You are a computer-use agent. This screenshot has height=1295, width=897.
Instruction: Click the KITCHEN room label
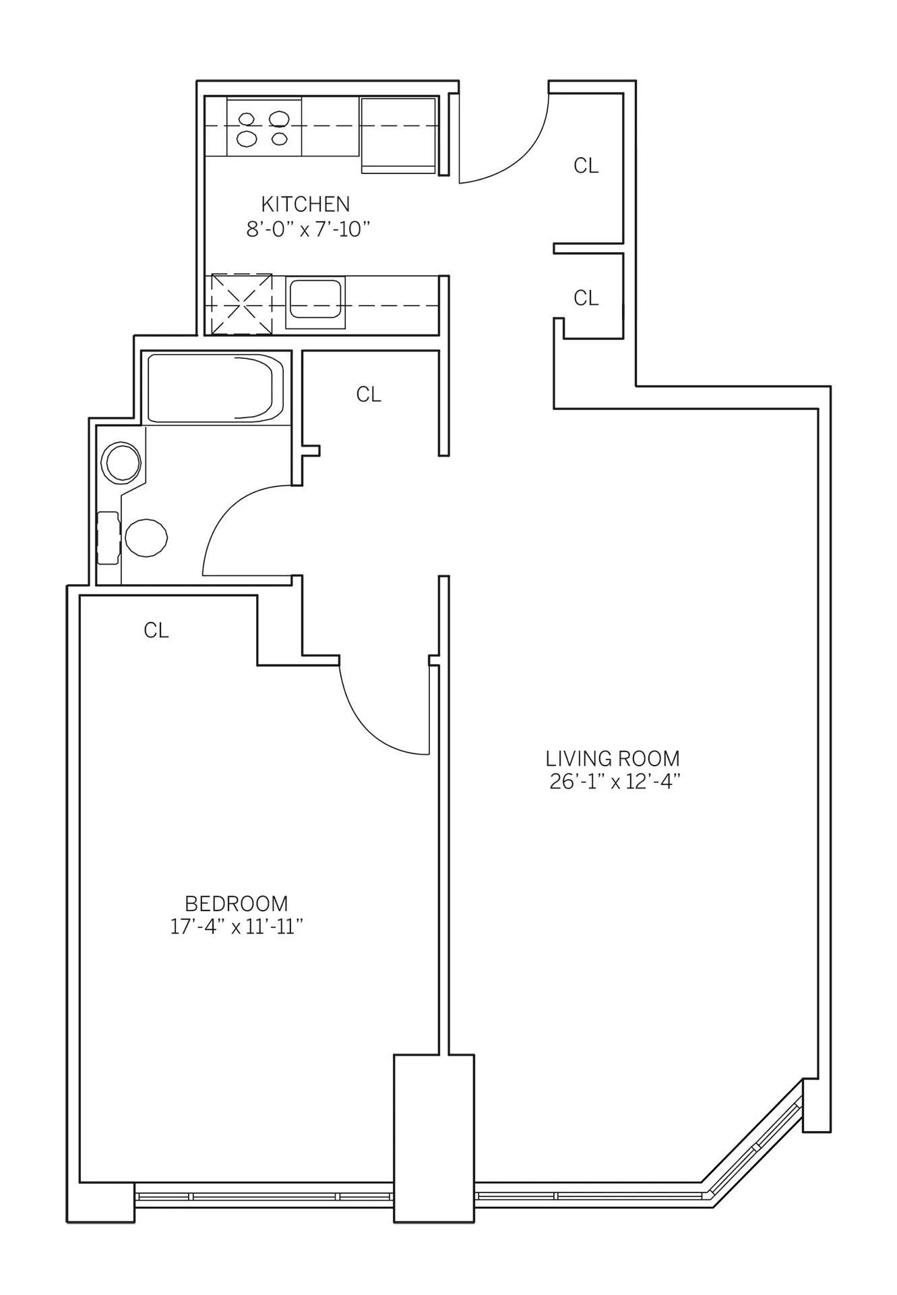(x=305, y=204)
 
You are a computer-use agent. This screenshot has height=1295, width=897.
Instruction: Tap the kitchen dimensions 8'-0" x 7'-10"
(x=309, y=229)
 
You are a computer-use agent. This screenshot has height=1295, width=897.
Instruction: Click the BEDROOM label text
(x=237, y=903)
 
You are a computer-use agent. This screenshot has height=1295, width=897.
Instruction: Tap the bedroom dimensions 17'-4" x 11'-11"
(x=237, y=927)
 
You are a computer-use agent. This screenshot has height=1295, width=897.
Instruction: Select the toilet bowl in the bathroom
(x=146, y=538)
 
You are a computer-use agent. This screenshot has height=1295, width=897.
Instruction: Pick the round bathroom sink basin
(x=121, y=463)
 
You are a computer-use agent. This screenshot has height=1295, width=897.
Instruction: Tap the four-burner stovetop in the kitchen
(x=264, y=128)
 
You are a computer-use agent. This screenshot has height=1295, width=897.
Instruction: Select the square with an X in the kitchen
(x=241, y=304)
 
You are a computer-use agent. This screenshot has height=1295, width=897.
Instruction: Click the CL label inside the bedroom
(x=156, y=631)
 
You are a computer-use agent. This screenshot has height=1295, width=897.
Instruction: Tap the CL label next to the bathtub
(x=369, y=395)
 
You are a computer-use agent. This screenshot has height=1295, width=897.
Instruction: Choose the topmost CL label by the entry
(x=586, y=165)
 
